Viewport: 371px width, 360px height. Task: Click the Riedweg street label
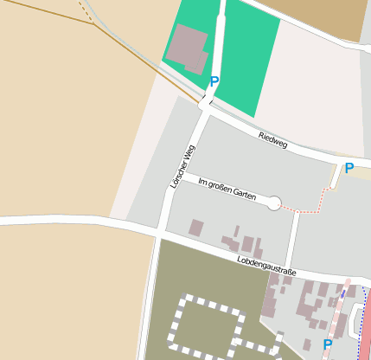[x=272, y=140]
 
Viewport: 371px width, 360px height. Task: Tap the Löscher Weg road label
[x=180, y=167]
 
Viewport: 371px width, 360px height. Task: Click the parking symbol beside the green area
[x=214, y=81]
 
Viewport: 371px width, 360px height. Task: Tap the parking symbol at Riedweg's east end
[x=349, y=169]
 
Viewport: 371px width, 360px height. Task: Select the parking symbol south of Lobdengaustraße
[x=328, y=344]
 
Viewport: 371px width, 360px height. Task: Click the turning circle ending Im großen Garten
[x=274, y=203]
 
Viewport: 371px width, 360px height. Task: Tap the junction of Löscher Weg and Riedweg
[x=205, y=106]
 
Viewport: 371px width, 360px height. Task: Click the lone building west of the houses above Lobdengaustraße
[x=196, y=228]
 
